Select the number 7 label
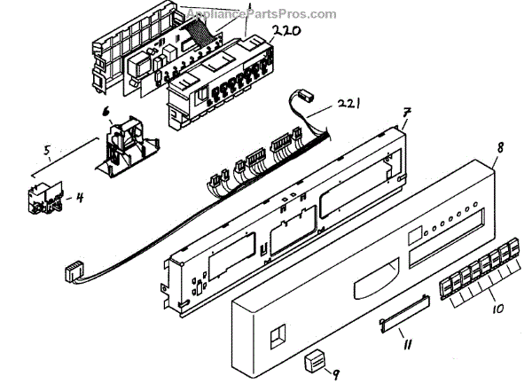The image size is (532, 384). (x=405, y=114)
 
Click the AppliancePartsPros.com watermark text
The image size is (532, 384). (x=262, y=13)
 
